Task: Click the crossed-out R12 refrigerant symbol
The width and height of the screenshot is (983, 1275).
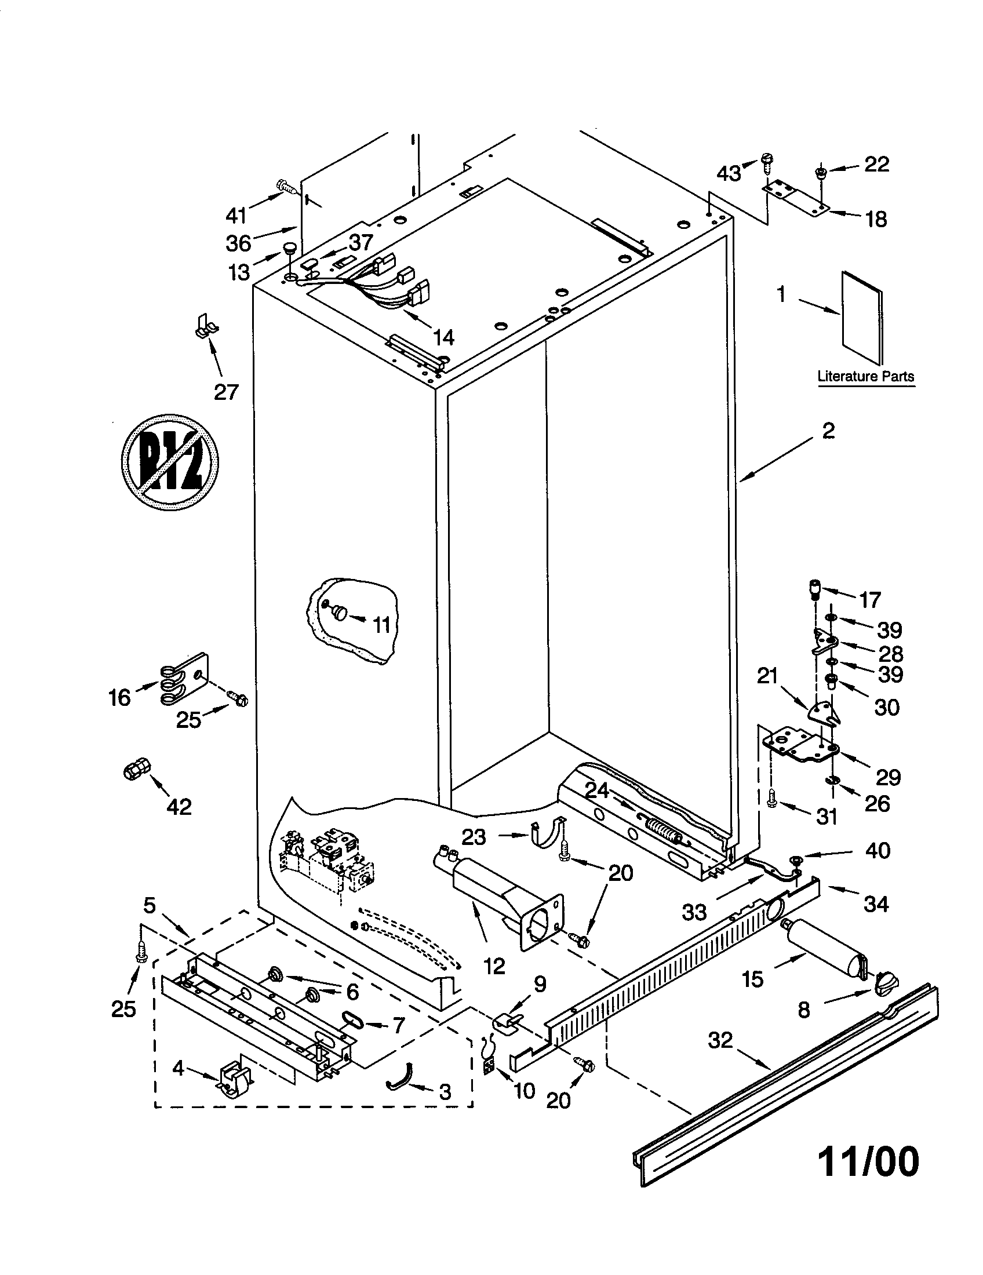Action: pyautogui.click(x=169, y=462)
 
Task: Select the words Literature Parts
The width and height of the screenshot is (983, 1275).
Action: pyautogui.click(x=865, y=377)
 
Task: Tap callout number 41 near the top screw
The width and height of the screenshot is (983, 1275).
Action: pyautogui.click(x=236, y=216)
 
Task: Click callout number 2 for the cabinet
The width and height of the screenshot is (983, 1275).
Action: pyautogui.click(x=829, y=431)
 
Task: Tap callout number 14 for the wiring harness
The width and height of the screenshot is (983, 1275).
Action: pyautogui.click(x=443, y=337)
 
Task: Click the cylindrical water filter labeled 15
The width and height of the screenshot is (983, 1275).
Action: pyautogui.click(x=823, y=945)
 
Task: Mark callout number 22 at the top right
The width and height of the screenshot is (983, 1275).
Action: pyautogui.click(x=876, y=164)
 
